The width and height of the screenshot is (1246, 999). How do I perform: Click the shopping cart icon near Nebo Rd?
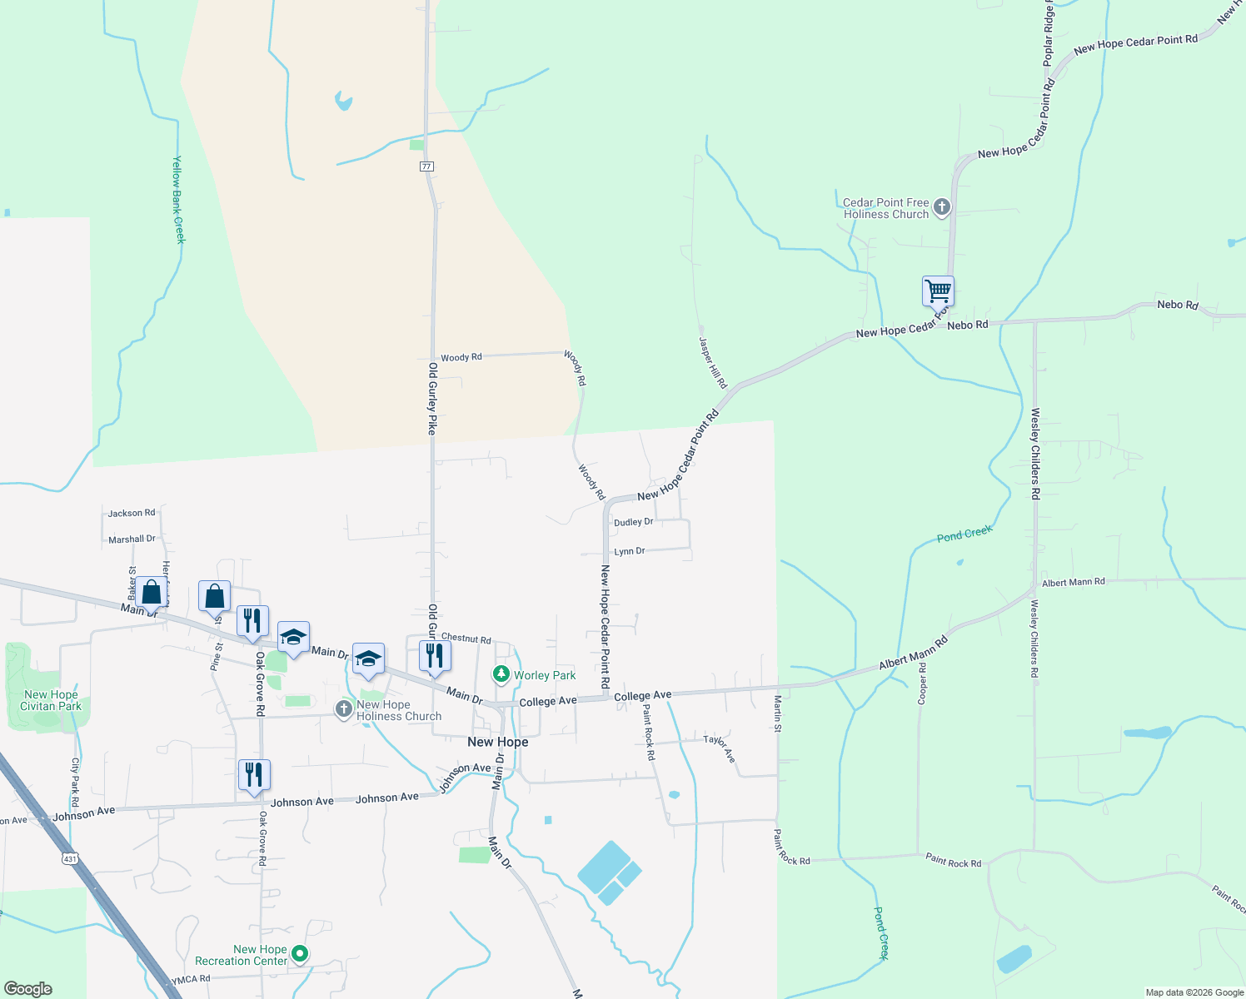pyautogui.click(x=938, y=292)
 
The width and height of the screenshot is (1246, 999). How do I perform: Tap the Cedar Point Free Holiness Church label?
pyautogui.click(x=885, y=208)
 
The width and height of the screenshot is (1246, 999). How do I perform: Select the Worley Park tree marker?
pyautogui.click(x=501, y=674)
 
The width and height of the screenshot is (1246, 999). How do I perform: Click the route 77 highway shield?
pyautogui.click(x=426, y=166)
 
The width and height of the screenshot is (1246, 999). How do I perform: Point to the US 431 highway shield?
pyautogui.click(x=70, y=858)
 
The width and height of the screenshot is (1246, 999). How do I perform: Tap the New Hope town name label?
pyautogui.click(x=497, y=742)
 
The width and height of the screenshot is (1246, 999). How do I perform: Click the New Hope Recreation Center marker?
pyautogui.click(x=300, y=954)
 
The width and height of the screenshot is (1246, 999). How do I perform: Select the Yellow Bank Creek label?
pyautogui.click(x=177, y=200)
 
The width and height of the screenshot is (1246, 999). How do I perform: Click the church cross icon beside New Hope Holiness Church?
pyautogui.click(x=343, y=709)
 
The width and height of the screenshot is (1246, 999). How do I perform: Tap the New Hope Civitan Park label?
pyautogui.click(x=51, y=700)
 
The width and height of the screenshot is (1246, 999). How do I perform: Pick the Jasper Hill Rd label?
pyautogui.click(x=712, y=363)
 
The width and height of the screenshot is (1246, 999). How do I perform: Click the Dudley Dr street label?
pyautogui.click(x=633, y=522)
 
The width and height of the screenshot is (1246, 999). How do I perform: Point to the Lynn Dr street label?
pyautogui.click(x=629, y=551)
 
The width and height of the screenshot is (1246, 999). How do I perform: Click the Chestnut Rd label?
pyautogui.click(x=466, y=639)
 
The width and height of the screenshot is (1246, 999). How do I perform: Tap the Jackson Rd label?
pyautogui.click(x=132, y=513)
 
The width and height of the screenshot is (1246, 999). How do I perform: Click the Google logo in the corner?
pyautogui.click(x=28, y=989)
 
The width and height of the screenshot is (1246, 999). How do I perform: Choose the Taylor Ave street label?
pyautogui.click(x=720, y=748)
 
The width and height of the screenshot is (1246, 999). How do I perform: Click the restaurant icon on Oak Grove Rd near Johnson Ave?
pyautogui.click(x=254, y=775)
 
